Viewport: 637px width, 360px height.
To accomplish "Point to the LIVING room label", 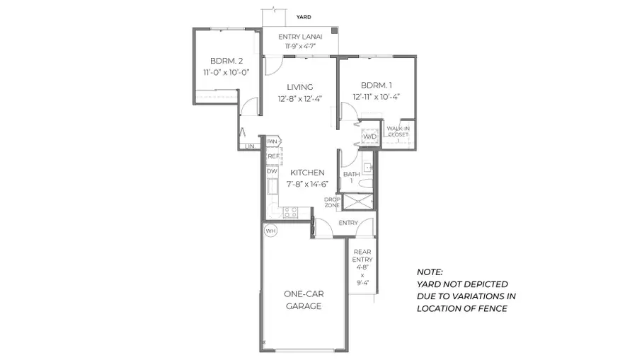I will click(299, 87).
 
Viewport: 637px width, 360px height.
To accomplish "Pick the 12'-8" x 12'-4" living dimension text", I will click(299, 100).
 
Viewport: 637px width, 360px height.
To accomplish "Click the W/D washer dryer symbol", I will click(369, 137).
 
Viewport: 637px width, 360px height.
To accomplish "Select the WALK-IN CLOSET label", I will click(398, 133).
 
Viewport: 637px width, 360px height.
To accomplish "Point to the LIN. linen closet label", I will click(250, 146).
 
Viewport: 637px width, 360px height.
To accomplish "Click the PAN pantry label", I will click(272, 141).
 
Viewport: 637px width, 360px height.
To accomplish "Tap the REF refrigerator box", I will click(272, 156).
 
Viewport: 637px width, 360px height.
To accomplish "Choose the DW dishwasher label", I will click(272, 171).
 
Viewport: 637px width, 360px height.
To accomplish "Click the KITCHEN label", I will click(306, 173).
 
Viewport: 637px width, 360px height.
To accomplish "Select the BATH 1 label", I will click(351, 177).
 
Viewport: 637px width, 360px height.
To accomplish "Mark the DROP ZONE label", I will click(333, 202).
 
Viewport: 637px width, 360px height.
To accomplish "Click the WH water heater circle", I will click(270, 231).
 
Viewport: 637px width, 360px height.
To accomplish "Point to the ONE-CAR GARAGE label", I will click(304, 300).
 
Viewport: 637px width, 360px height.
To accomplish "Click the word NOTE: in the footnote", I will click(430, 272).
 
